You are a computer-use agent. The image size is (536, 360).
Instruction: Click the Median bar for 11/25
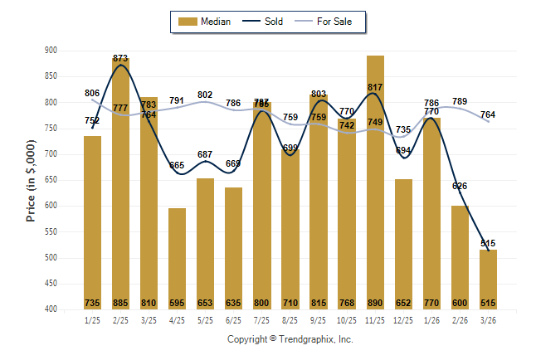point(375,182)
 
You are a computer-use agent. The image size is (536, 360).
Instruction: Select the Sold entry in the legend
point(265,22)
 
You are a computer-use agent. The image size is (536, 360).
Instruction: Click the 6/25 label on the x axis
point(233,320)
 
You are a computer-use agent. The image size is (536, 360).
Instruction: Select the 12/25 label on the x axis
point(403,320)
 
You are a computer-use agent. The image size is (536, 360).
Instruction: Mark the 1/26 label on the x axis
point(431,320)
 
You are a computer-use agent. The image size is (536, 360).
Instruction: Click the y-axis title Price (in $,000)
point(31,180)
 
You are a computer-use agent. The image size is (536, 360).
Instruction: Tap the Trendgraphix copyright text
point(290,339)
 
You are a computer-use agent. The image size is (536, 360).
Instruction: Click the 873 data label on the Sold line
point(120,58)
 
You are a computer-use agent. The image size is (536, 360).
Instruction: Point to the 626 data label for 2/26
point(460,186)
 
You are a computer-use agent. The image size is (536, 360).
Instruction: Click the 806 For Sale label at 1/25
point(92,93)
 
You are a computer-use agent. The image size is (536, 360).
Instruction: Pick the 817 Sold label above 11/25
point(375,87)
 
